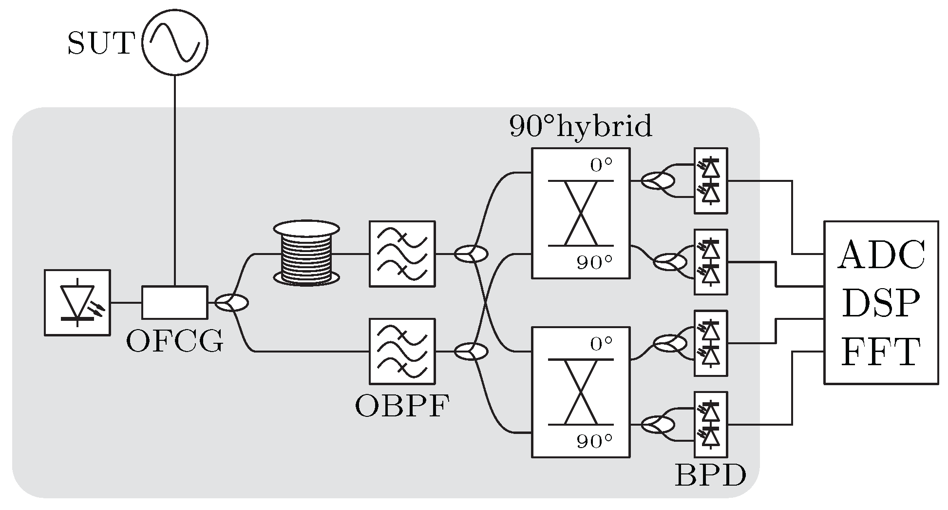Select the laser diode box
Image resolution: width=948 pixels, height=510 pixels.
77,302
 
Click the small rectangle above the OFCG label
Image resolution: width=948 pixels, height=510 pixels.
174,302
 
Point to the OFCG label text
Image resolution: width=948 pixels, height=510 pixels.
174,341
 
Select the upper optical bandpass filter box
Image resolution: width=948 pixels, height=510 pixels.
402,254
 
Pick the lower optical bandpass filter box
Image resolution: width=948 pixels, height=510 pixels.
402,351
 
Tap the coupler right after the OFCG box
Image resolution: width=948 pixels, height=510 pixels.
232,303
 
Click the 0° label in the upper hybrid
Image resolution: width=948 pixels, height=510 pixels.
601,165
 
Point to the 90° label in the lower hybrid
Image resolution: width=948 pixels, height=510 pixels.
594,442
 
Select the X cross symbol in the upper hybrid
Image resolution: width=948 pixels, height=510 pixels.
581,213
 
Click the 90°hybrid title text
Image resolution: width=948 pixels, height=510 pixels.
581,127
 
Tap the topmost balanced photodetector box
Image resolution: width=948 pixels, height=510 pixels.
711,181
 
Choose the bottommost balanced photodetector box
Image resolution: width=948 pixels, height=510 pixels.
711,424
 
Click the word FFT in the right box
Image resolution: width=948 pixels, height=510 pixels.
881,352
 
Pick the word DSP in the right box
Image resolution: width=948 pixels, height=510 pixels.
881,303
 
